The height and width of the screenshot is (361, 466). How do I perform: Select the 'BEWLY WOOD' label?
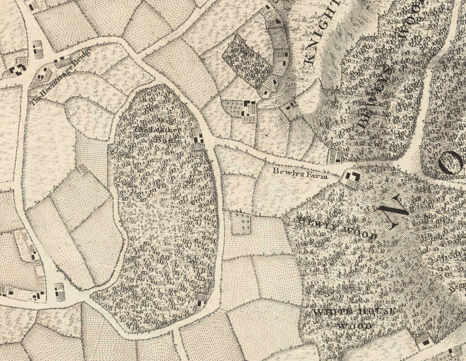pyautogui.click(x=337, y=228)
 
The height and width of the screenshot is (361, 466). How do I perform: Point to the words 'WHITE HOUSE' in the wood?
pyautogui.click(x=355, y=312)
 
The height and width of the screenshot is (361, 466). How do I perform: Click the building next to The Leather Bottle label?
pyautogui.click(x=198, y=137)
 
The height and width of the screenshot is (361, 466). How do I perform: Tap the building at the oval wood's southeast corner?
pyautogui.click(x=201, y=298)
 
